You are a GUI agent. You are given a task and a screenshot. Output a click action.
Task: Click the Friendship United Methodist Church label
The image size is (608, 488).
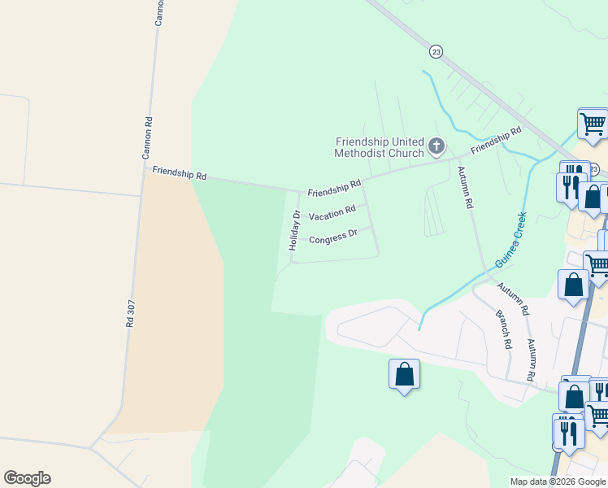coord(380,147)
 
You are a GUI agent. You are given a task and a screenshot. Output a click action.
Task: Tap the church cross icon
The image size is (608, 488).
coord(436,147)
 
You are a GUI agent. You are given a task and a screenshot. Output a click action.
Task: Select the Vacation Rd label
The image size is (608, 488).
coord(332,211)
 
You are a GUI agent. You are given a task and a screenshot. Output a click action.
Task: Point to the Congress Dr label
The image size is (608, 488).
coord(333,237)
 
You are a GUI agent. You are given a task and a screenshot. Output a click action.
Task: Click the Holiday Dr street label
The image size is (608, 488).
coord(296,229)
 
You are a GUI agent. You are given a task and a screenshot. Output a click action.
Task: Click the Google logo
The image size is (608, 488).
coord(27,478)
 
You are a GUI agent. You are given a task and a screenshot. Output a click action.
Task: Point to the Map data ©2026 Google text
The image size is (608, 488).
coord(558,481)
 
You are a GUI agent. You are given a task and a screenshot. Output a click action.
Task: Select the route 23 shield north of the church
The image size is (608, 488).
coord(436,51)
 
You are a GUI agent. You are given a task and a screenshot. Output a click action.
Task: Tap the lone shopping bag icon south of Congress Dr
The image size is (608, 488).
coord(405,375)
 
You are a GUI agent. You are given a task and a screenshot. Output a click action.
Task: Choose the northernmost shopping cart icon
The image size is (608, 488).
coord(593,124)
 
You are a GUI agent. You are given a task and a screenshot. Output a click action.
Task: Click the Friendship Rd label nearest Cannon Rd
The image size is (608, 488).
coord(180,173)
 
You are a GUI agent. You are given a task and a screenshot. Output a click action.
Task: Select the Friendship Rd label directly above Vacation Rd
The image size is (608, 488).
coord(333,188)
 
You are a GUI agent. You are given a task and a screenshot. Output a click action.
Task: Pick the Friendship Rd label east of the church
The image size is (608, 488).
coord(495,140)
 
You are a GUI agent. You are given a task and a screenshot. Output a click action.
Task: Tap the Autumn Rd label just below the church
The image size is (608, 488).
coord(463,188)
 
